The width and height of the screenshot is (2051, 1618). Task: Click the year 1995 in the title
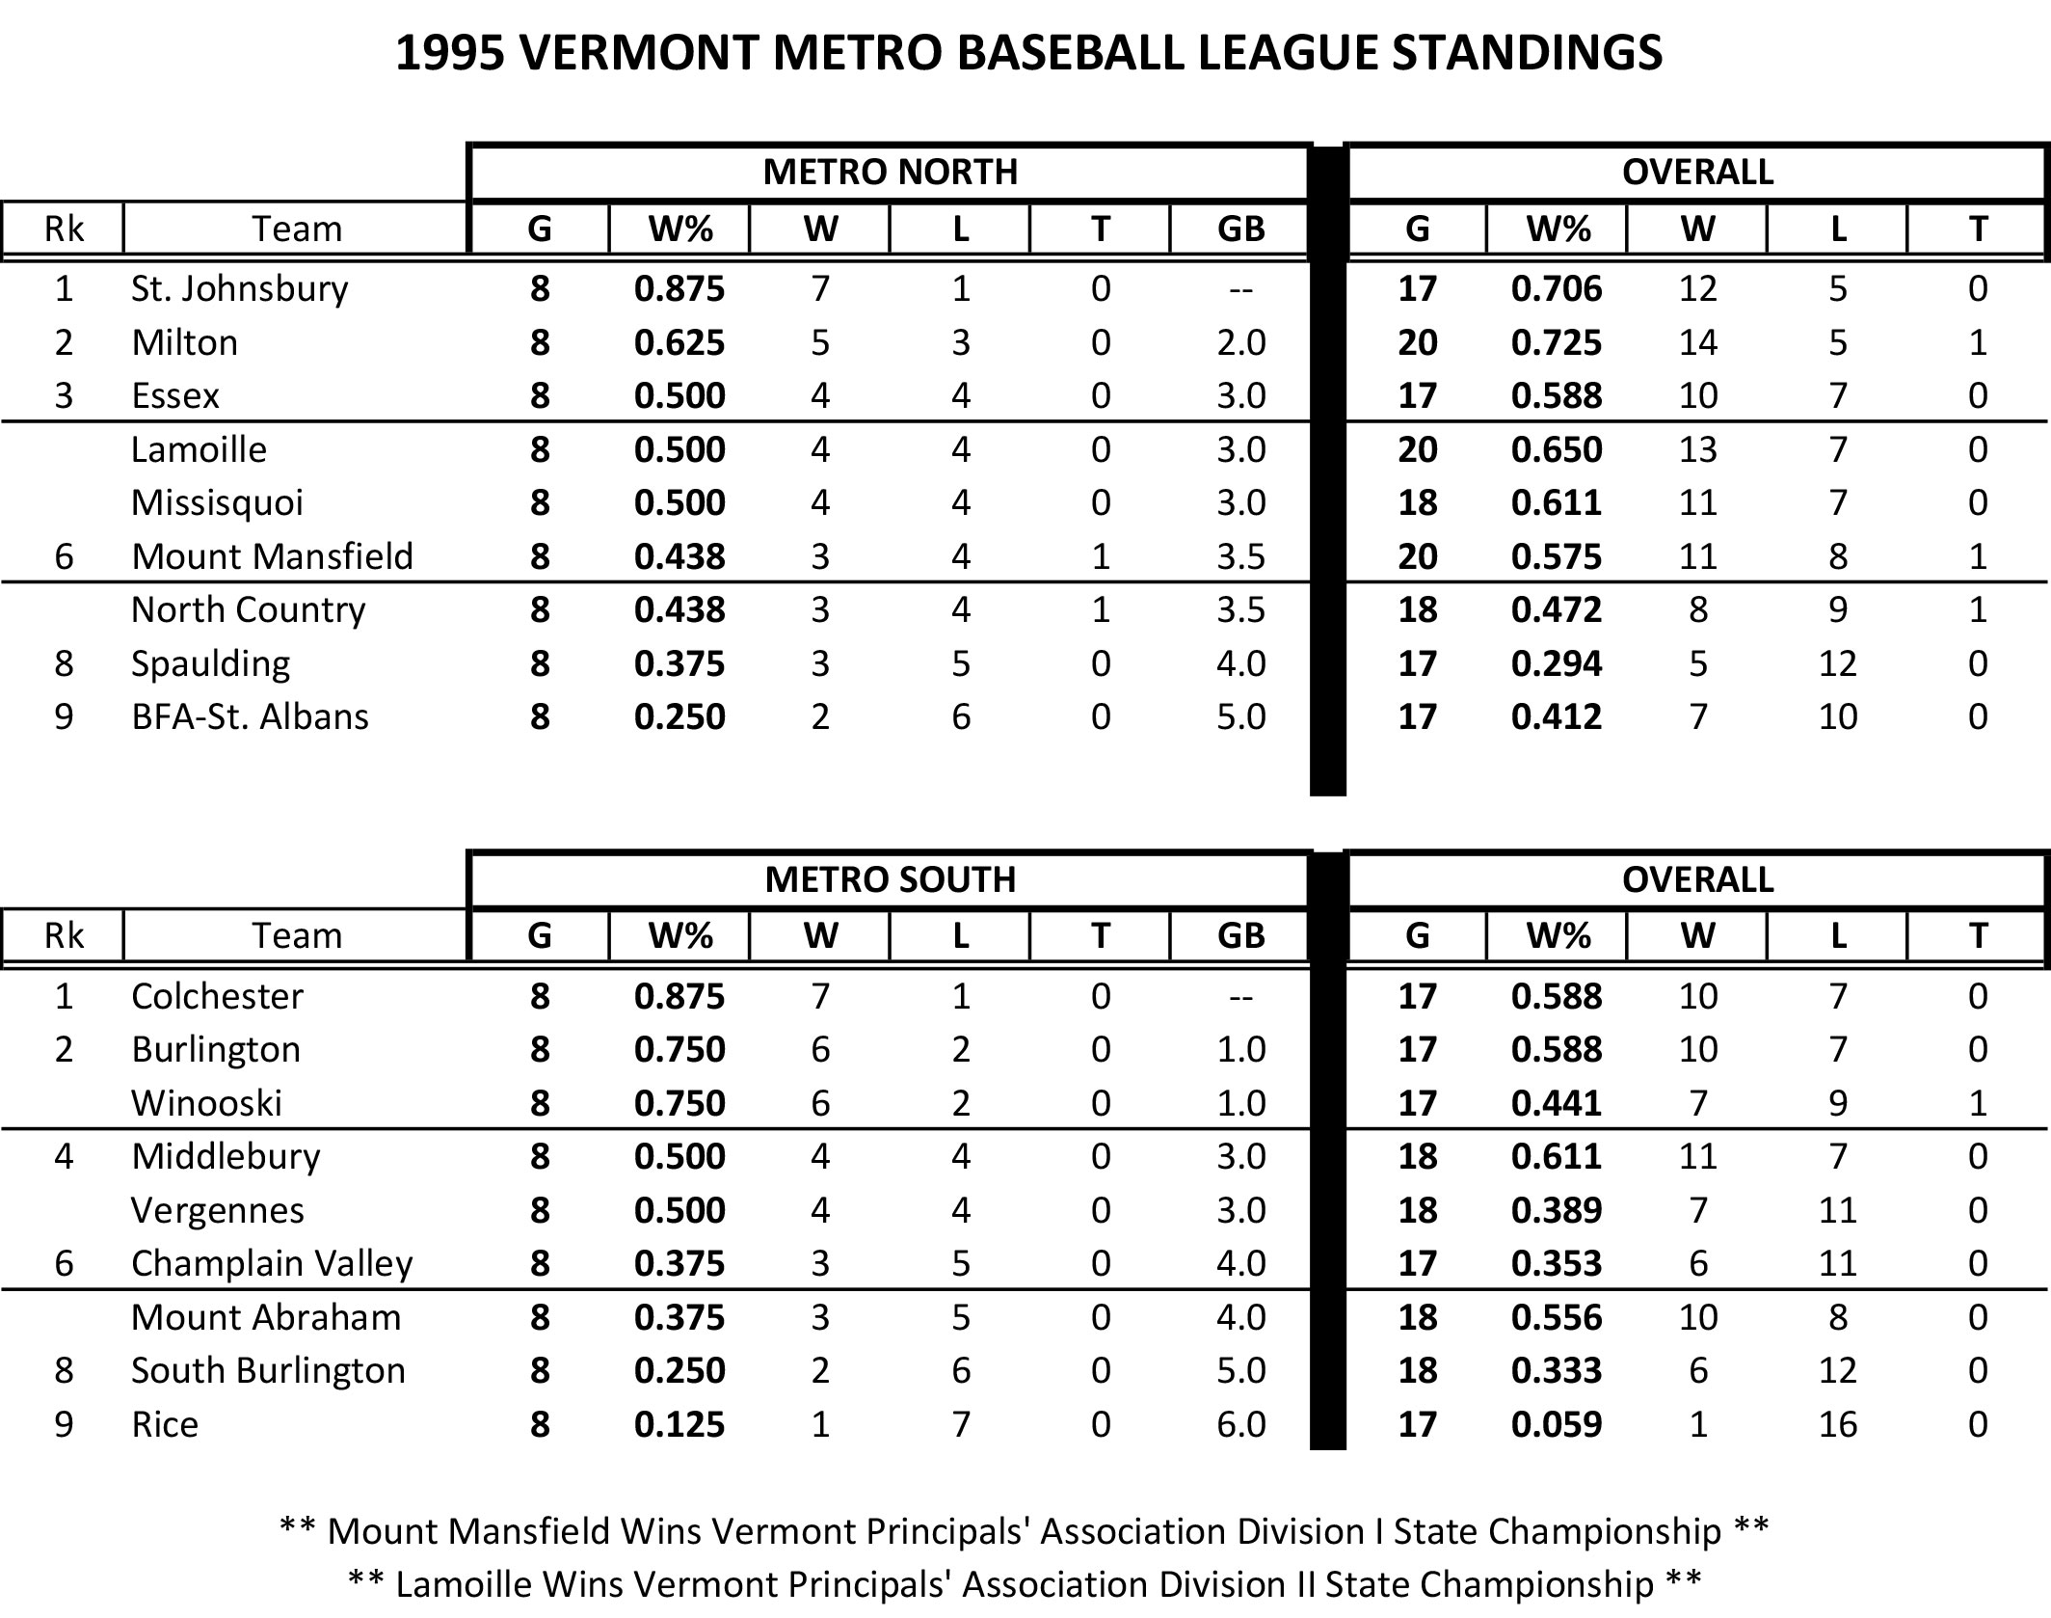tap(451, 52)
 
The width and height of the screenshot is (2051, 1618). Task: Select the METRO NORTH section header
tap(890, 172)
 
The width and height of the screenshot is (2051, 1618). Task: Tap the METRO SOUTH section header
tap(890, 879)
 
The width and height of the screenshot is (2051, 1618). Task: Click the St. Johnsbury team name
tap(239, 288)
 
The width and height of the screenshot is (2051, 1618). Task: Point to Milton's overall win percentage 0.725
tap(1557, 342)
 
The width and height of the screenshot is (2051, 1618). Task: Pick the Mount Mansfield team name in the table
tap(272, 556)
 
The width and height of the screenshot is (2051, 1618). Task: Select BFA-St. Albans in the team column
tap(250, 716)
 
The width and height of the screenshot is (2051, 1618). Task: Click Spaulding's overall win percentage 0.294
tap(1557, 663)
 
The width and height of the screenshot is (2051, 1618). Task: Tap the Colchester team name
tap(217, 996)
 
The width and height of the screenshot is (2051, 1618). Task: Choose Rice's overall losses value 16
tap(1837, 1424)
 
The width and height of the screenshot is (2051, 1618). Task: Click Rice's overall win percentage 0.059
tap(1557, 1424)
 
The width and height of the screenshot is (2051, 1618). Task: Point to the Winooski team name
tap(206, 1103)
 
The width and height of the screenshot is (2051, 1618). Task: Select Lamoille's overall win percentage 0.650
tap(1557, 449)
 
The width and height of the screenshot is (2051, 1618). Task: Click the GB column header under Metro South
tap(1240, 935)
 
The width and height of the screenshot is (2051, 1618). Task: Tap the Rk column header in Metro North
tap(64, 229)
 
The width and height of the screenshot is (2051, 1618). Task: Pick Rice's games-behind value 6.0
tap(1240, 1424)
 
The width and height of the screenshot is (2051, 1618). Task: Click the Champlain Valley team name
tap(272, 1263)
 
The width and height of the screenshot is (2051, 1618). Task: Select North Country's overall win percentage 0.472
tap(1557, 609)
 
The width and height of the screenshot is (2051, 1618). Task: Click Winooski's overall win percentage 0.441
tap(1557, 1103)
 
